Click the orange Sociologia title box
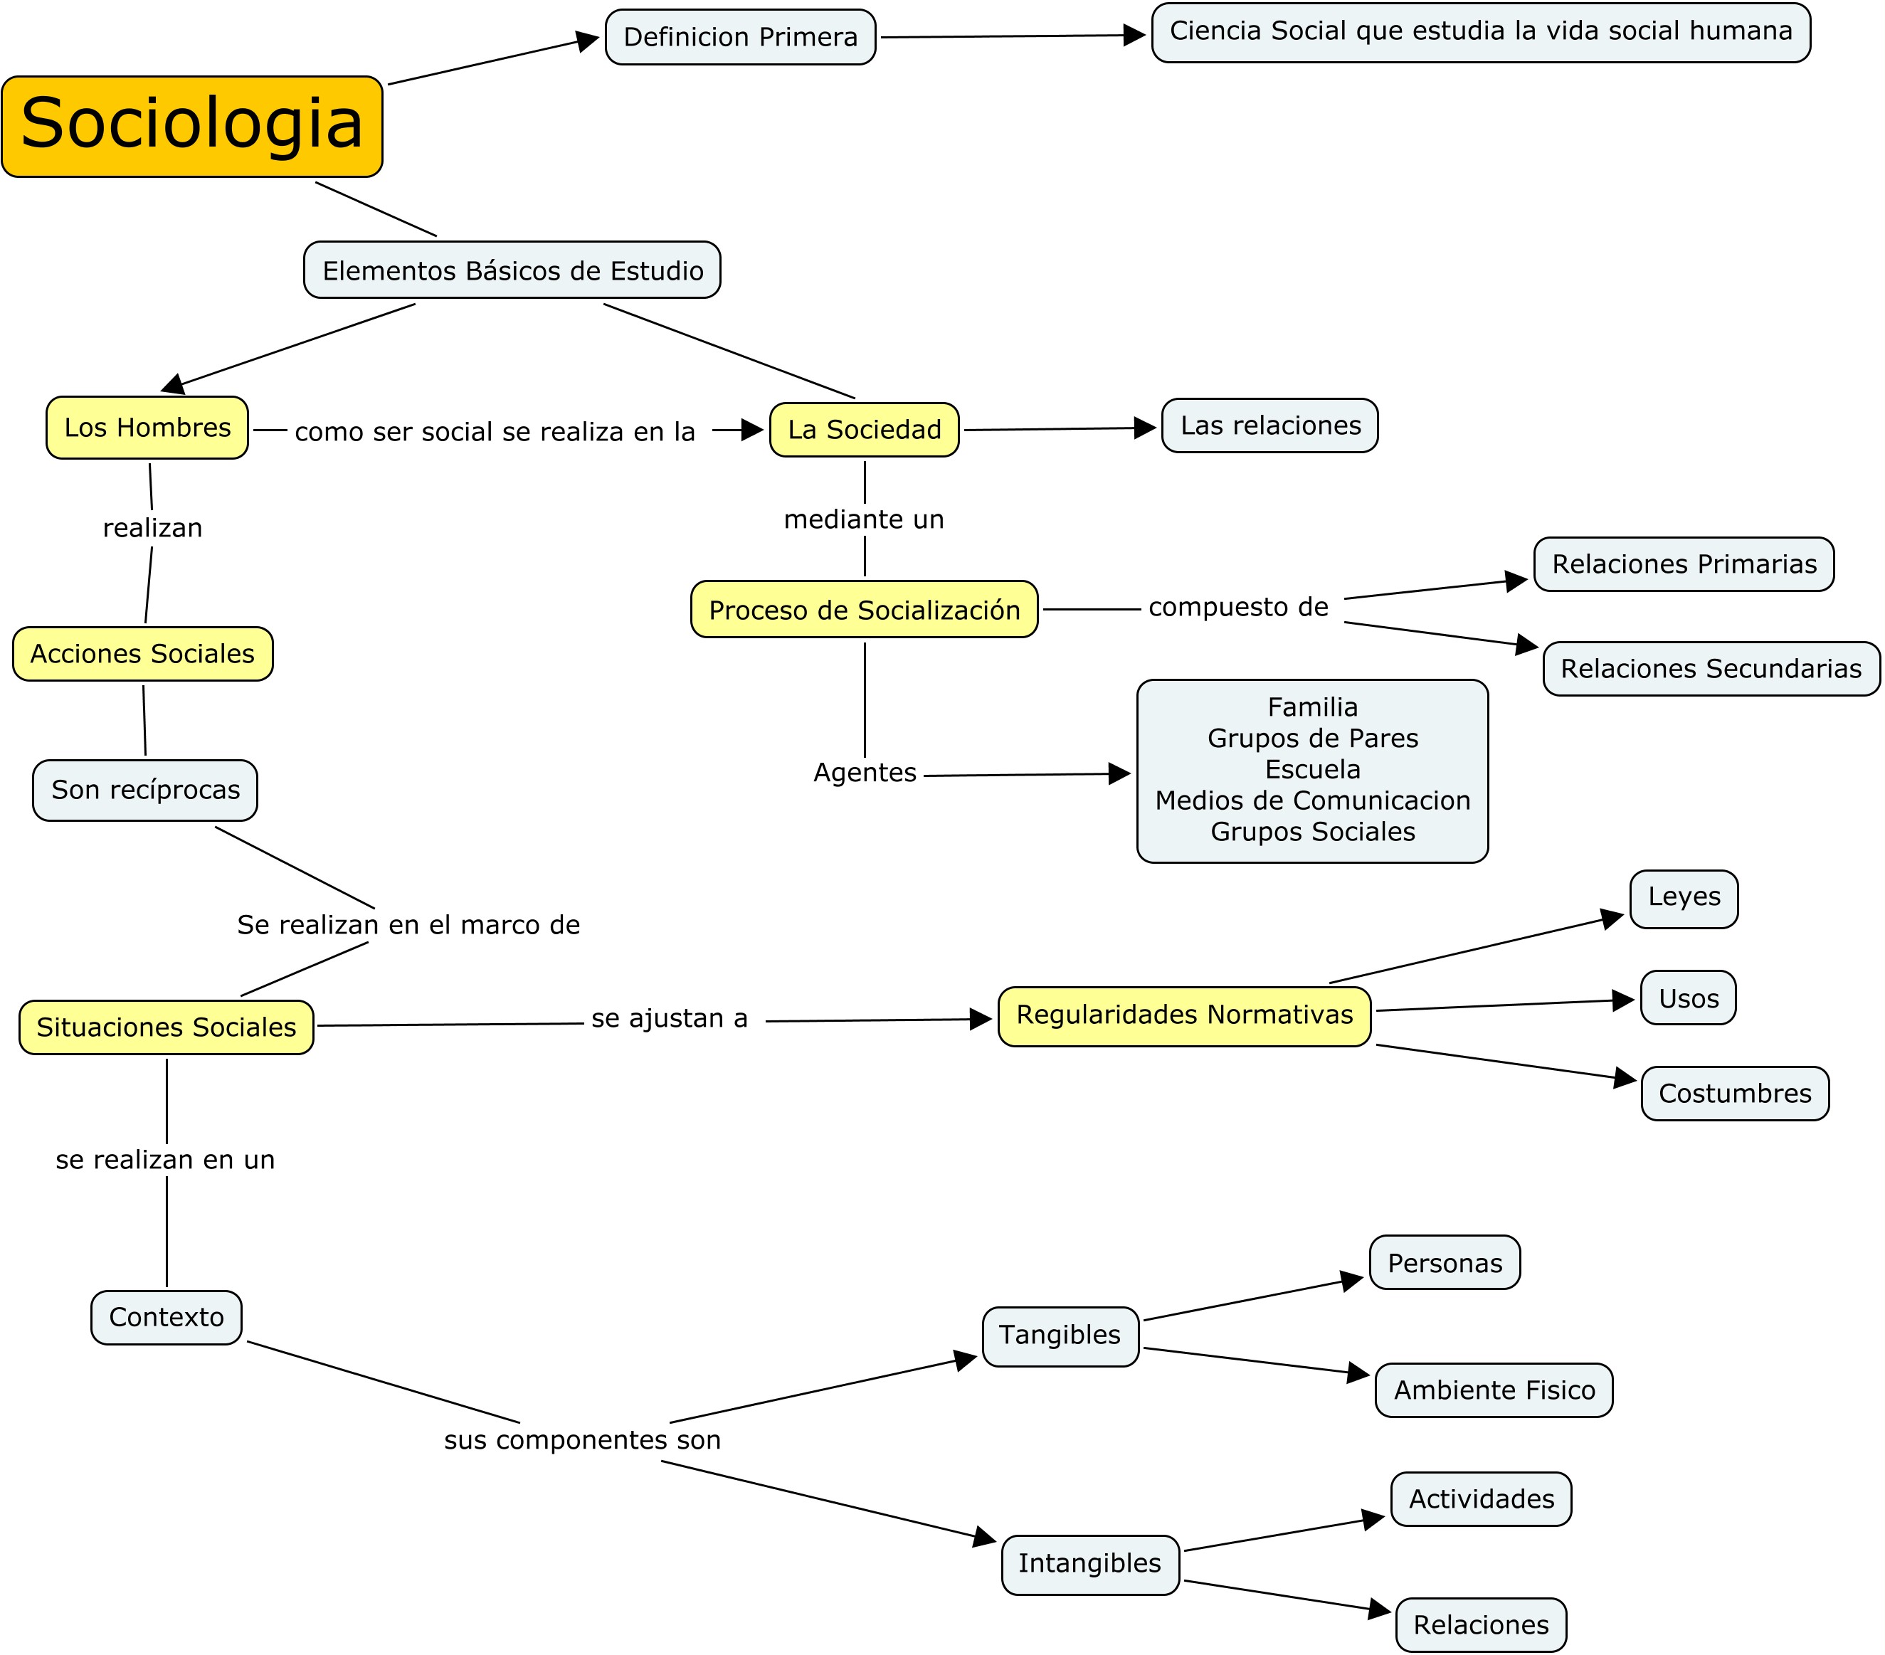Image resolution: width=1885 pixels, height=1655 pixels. [192, 127]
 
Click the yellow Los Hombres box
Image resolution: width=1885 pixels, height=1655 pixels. [147, 428]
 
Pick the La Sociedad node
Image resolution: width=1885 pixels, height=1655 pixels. [864, 430]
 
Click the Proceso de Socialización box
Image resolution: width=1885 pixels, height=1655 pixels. [864, 610]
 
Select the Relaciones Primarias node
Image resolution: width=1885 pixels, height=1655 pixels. [1683, 564]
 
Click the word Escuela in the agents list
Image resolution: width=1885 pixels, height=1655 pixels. [1311, 769]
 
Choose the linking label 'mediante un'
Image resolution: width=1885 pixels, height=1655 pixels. [864, 520]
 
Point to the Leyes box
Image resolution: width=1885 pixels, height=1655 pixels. [1683, 897]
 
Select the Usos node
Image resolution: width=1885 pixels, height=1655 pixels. [1688, 998]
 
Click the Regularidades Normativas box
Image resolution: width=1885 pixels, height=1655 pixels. [1184, 1015]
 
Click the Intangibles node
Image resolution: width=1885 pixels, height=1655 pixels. [1089, 1564]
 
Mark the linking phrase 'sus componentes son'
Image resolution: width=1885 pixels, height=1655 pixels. [582, 1440]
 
